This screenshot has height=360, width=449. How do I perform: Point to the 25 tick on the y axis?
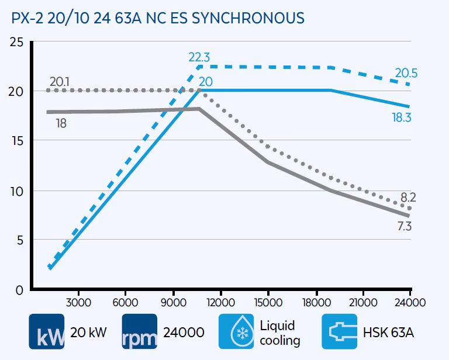coord(17,42)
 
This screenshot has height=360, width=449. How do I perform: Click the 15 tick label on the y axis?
coord(17,141)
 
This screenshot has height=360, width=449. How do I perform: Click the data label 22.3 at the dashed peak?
coord(199,57)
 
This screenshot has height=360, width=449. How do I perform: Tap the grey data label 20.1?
coord(59,81)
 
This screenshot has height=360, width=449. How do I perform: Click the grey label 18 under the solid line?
coord(60,123)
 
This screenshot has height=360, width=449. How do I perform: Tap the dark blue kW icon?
coord(47,331)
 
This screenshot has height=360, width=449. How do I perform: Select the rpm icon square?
coord(140,331)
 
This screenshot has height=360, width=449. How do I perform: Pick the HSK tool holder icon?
coord(340,331)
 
